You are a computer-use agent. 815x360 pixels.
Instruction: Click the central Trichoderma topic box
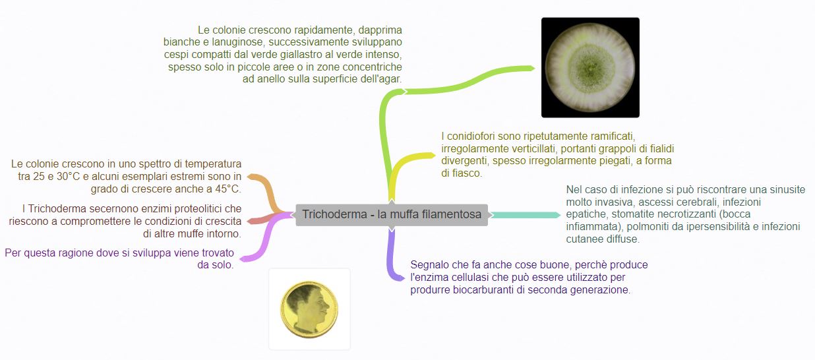pos(392,215)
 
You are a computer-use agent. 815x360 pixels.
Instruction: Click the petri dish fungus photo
pos(590,67)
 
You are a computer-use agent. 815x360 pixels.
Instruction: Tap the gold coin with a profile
pos(309,309)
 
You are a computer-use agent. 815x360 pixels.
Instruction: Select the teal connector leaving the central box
pos(525,215)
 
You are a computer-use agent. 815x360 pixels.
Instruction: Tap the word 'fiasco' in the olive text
pos(468,173)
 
